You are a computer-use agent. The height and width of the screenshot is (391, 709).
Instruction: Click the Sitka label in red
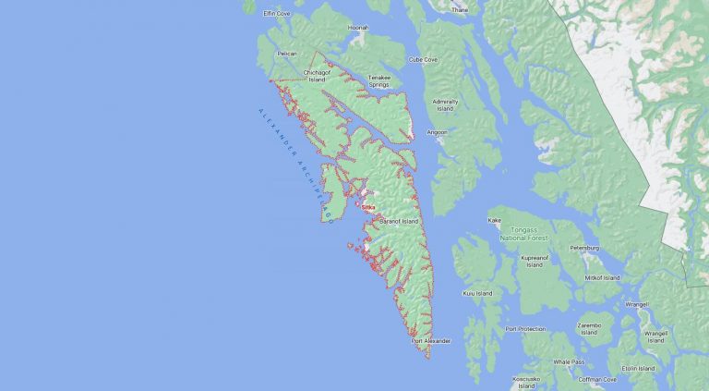click(x=369, y=207)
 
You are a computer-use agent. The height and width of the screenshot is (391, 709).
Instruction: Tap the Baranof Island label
click(x=397, y=222)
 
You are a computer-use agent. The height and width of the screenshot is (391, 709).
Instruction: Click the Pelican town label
click(x=286, y=54)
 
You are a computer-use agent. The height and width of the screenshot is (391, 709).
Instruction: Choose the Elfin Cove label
click(x=277, y=14)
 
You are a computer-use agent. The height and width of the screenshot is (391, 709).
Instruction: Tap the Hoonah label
click(x=357, y=28)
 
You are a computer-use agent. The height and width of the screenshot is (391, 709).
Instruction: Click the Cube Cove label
click(x=424, y=59)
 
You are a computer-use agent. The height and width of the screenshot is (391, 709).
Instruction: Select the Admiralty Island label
click(x=445, y=104)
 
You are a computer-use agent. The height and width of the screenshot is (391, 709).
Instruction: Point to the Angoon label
click(x=437, y=132)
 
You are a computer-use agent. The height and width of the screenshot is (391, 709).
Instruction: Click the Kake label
click(x=495, y=221)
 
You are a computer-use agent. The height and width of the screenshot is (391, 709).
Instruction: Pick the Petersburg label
click(x=584, y=248)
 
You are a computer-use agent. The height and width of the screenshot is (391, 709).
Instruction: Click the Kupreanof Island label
click(x=535, y=262)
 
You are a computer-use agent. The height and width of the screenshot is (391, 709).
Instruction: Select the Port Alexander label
click(x=431, y=341)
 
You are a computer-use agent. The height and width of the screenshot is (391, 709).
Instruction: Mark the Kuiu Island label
click(x=477, y=294)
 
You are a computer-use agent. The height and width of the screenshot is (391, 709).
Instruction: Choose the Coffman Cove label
click(x=598, y=379)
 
